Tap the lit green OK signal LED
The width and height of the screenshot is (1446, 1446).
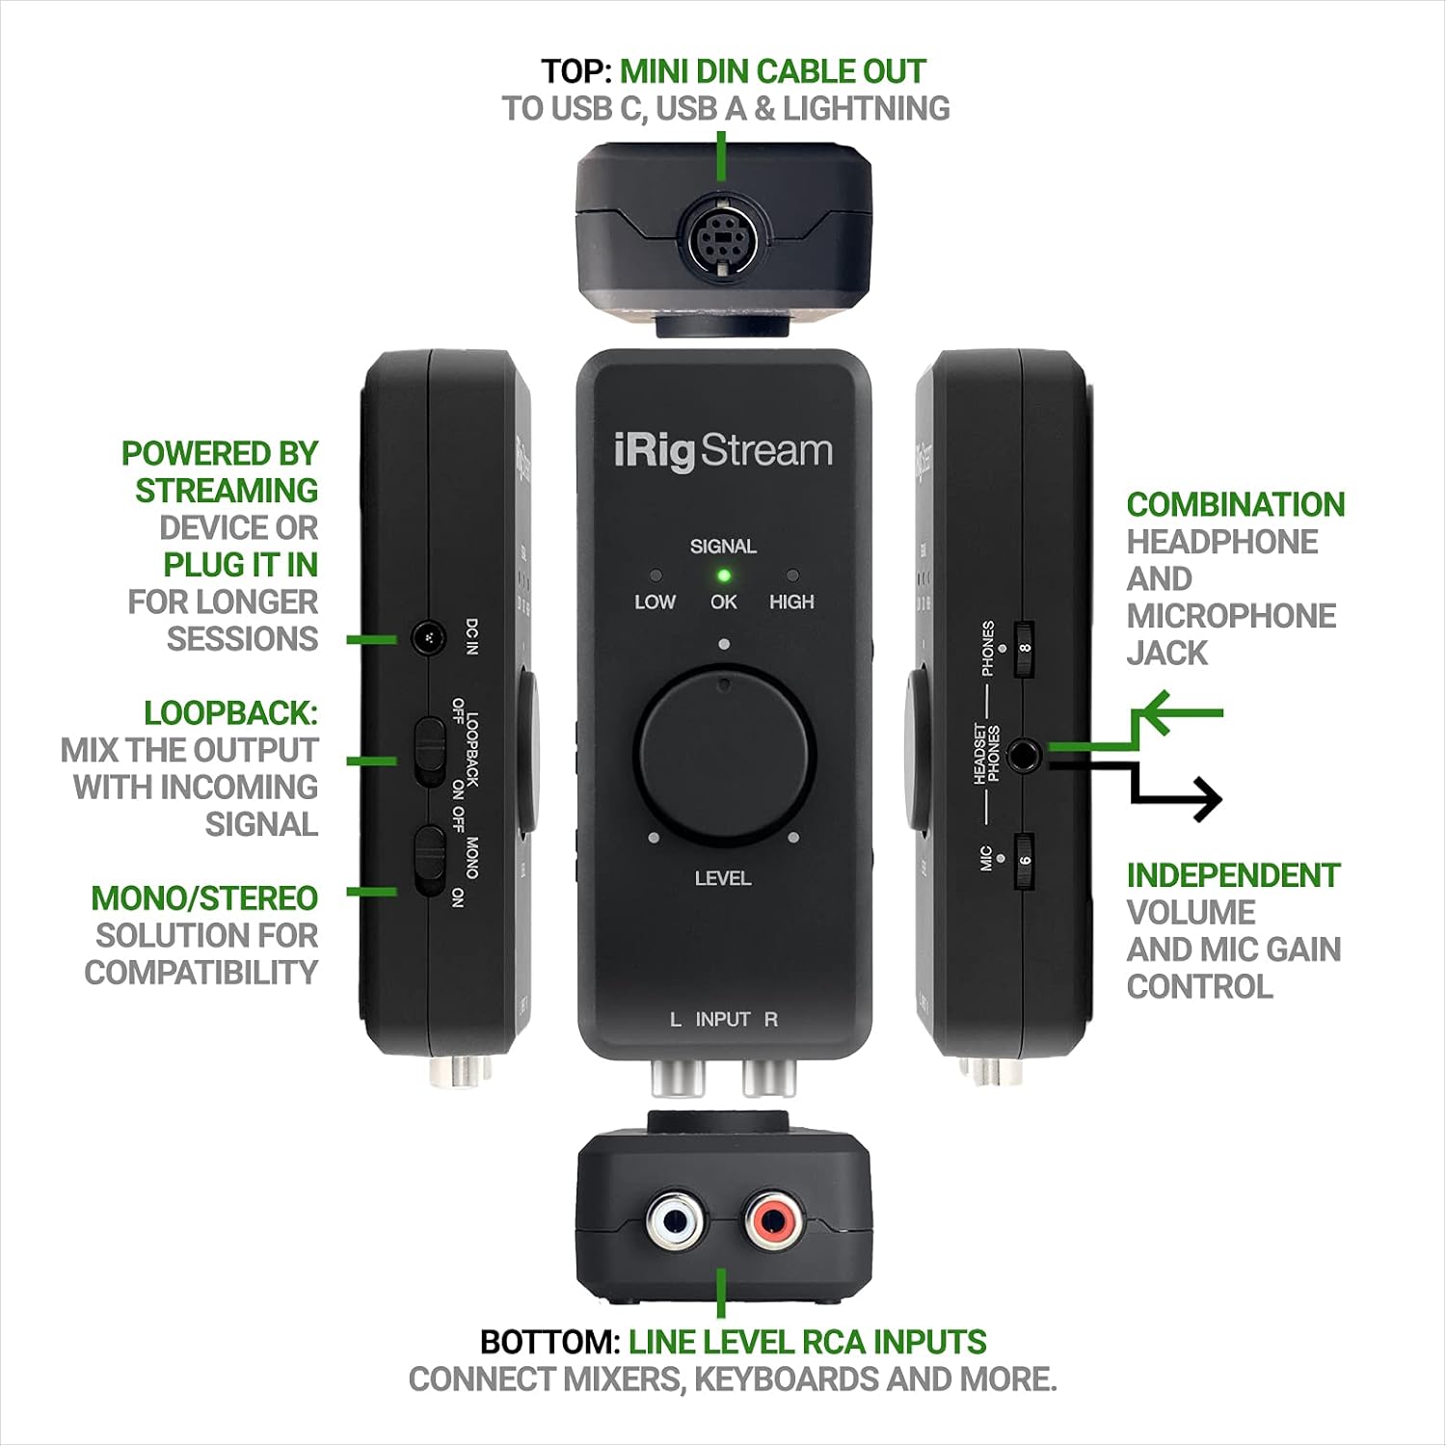[723, 576]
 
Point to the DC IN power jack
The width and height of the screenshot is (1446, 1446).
[426, 638]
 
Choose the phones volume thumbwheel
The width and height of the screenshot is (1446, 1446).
[1024, 649]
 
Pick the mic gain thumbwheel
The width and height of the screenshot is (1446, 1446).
[1024, 861]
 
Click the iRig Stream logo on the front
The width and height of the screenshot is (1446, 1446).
[723, 451]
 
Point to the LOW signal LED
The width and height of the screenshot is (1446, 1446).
[656, 576]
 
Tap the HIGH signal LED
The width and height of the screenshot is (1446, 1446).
[792, 576]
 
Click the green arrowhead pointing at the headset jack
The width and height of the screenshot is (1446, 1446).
[1152, 713]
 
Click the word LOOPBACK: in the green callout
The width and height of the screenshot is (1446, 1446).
[230, 713]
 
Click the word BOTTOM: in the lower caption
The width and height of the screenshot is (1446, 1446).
[549, 1342]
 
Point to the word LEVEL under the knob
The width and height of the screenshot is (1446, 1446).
[723, 878]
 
